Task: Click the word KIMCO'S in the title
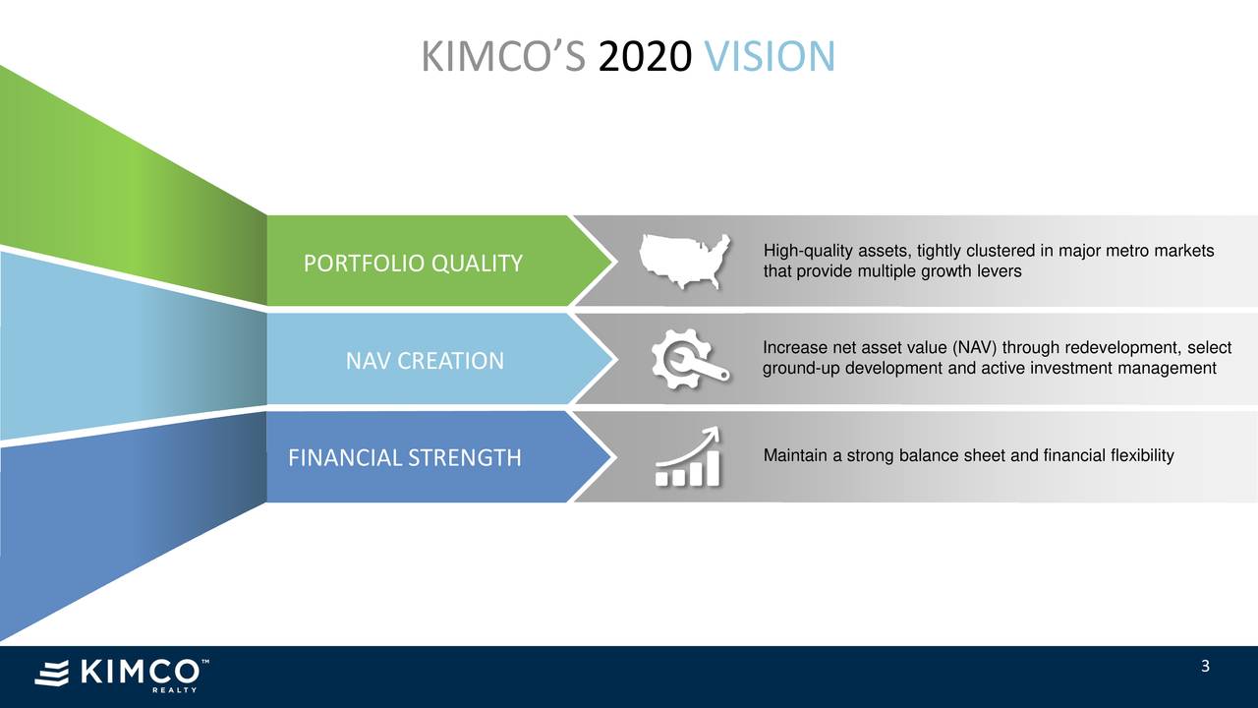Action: pos(504,57)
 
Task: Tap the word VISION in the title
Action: pos(770,57)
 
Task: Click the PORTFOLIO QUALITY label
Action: pos(413,264)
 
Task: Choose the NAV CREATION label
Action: pos(425,361)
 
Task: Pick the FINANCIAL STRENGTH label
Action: pos(404,458)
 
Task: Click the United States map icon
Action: pos(684,261)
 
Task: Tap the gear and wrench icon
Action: pos(689,359)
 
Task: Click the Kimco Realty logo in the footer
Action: pos(121,674)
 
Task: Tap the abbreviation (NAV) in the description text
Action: pos(977,349)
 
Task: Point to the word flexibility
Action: pos(1141,455)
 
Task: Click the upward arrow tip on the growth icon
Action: pos(715,431)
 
